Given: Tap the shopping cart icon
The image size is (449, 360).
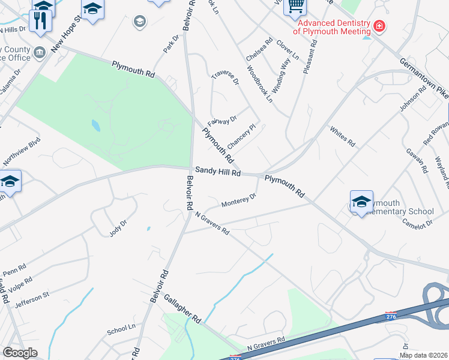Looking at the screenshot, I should coord(295,6).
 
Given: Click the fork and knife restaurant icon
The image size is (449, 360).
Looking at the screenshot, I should coord(40,20).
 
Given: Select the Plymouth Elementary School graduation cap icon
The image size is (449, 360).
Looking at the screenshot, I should coord(361,202).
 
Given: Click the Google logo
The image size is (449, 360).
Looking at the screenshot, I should coord(20,353).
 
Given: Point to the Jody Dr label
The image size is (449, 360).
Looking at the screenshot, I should coord(118,229).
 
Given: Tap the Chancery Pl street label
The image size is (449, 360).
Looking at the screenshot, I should coord(241,132).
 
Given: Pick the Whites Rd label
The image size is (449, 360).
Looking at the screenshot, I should coord(343,137).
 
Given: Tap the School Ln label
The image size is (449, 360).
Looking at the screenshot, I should coord(121,329).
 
